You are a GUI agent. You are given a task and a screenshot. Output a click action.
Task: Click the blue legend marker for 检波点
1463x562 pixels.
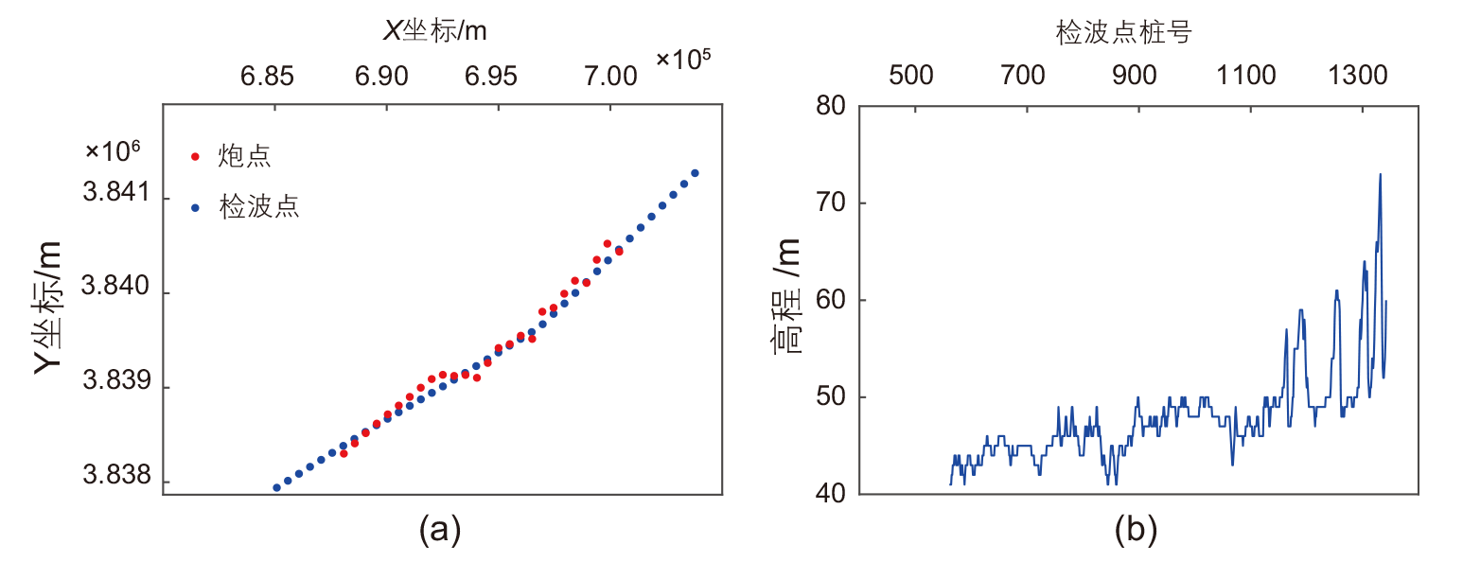(196, 207)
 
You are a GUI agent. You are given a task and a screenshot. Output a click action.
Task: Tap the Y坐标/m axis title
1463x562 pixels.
(49, 307)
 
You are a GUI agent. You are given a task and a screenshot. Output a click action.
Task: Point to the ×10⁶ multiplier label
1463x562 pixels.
(113, 150)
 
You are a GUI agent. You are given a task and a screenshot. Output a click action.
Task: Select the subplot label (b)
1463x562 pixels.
(1136, 531)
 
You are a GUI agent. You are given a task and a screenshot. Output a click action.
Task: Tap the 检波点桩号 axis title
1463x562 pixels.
(1123, 34)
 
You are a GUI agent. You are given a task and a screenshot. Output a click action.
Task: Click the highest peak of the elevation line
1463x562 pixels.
(1380, 174)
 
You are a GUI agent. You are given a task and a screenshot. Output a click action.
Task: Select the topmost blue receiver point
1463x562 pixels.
(695, 173)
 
